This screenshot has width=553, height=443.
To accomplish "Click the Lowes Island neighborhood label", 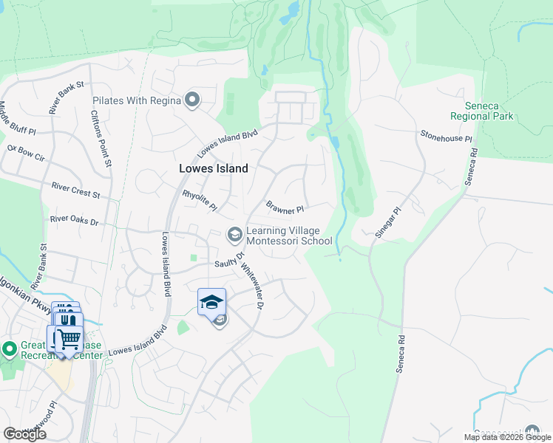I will pyautogui.click(x=214, y=168).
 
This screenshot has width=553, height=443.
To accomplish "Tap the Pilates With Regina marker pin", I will pyautogui.click(x=193, y=100).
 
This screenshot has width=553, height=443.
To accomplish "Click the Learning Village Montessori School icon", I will pyautogui.click(x=234, y=235).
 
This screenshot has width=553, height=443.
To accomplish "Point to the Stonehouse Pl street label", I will pyautogui.click(x=446, y=138).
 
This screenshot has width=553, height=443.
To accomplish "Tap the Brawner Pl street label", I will pyautogui.click(x=285, y=209).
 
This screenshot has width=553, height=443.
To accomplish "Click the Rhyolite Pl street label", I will pyautogui.click(x=199, y=200).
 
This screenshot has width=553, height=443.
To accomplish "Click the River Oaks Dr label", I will pyautogui.click(x=74, y=219).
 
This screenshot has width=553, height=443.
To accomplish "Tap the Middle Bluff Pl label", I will pyautogui.click(x=17, y=118).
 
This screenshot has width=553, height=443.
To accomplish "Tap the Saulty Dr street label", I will pyautogui.click(x=229, y=261).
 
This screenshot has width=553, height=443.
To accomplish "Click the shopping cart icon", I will pyautogui.click(x=68, y=340).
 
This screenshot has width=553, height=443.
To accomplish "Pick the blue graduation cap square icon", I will pyautogui.click(x=211, y=301).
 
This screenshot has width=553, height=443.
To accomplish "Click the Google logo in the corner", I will pyautogui.click(x=24, y=434).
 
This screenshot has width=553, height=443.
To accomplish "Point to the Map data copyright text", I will pyautogui.click(x=507, y=437).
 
